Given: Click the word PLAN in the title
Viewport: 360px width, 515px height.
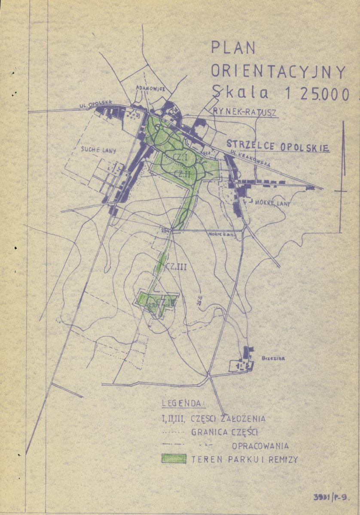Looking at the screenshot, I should point(233,48).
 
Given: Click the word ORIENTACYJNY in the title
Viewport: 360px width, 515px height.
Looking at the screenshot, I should point(278,71).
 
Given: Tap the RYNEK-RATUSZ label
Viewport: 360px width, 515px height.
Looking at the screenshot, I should point(244,112).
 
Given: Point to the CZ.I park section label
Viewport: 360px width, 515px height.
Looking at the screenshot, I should point(178,158).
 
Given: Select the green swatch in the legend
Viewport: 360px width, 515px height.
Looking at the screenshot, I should point(174,459).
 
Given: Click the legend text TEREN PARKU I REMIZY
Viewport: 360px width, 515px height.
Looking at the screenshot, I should point(244,459).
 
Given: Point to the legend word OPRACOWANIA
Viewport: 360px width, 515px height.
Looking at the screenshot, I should point(260,445).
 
